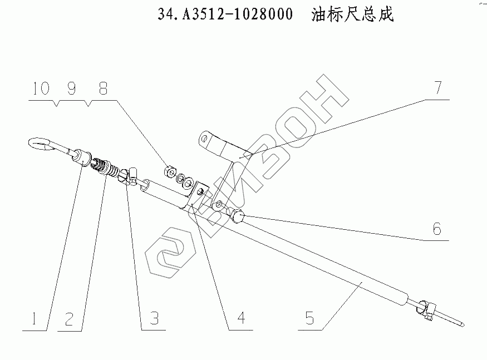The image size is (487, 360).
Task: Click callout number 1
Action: [34, 319]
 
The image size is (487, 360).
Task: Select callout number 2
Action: [69, 319]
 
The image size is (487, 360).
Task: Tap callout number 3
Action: [154, 319]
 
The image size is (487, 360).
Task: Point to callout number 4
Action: [240, 319]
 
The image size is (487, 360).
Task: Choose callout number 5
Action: [310, 319]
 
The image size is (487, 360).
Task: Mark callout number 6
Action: [437, 229]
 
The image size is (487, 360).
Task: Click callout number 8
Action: [104, 89]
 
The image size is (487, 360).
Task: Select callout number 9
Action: [72, 89]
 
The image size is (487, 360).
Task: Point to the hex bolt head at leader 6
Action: [236, 216]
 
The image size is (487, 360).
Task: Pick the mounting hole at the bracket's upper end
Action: [206, 139]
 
